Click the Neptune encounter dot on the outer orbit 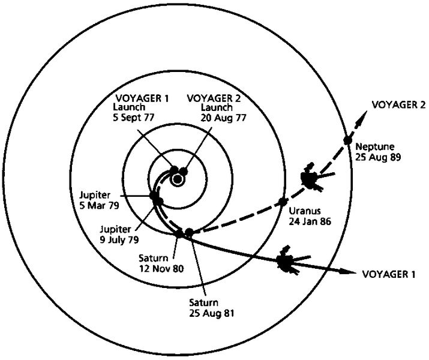(347, 140)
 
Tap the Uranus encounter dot (281, 202)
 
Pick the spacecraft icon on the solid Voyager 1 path (287, 261)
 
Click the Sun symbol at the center (177, 179)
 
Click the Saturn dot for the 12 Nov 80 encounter (179, 234)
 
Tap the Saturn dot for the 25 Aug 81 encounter (190, 232)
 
